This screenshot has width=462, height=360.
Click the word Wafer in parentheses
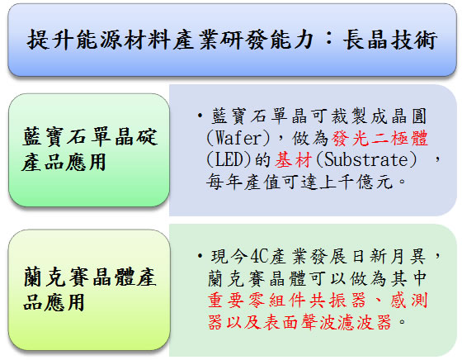pyautogui.click(x=238, y=138)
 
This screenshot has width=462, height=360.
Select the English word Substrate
pyautogui.click(x=366, y=160)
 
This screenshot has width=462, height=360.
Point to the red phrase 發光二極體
pyautogui.click(x=379, y=138)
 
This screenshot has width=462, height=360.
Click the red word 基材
pyautogui.click(x=293, y=160)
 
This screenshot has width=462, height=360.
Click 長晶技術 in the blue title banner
pyautogui.click(x=389, y=40)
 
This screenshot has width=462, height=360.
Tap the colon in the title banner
pyautogui.click(x=329, y=40)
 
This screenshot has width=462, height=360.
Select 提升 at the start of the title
pyautogui.click(x=49, y=40)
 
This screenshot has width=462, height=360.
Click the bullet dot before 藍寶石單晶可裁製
pyautogui.click(x=200, y=116)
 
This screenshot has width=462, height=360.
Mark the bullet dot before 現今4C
pyautogui.click(x=200, y=256)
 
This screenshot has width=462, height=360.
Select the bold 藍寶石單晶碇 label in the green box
pyautogui.click(x=90, y=137)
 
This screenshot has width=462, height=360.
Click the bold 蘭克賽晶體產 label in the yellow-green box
pyautogui.click(x=90, y=277)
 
